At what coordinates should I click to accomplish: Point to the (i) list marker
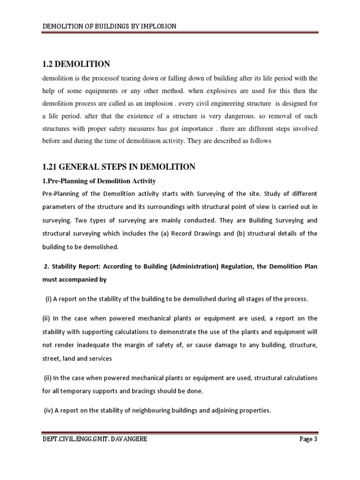pos(48,299)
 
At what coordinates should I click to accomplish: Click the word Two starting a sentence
pos(85,220)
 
